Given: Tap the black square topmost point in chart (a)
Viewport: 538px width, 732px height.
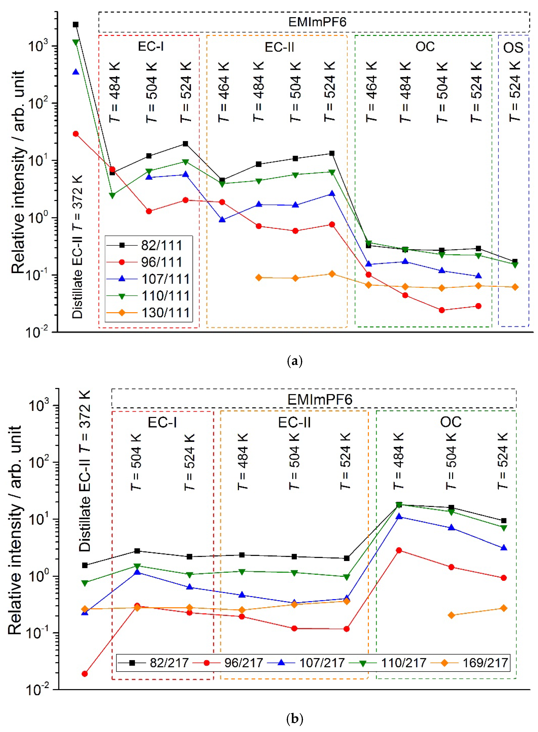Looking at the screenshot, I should [x=76, y=24].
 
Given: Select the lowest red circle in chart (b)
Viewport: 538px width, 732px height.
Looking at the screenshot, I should [x=85, y=674].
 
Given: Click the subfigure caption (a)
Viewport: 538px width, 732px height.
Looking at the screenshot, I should [x=295, y=361].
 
